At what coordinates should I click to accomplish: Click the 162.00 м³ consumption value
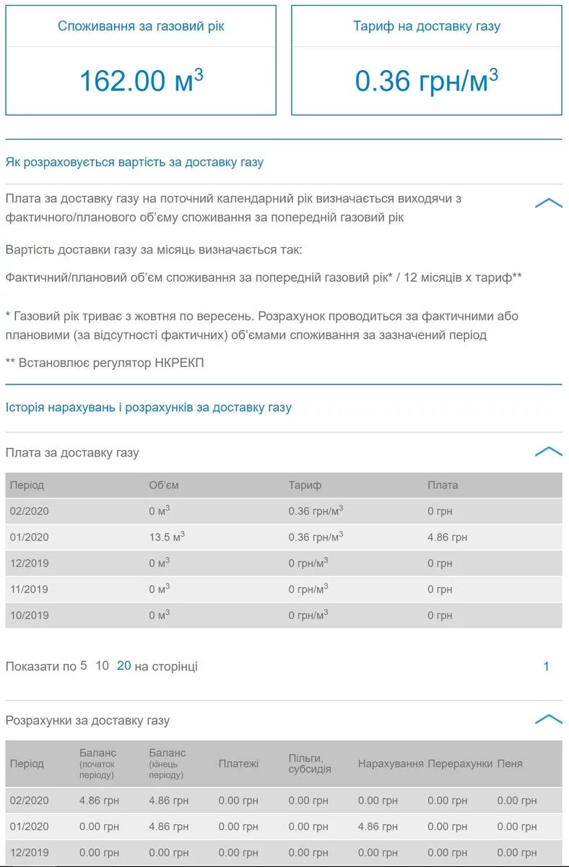coord(141,80)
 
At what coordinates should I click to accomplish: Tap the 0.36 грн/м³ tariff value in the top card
coord(426,80)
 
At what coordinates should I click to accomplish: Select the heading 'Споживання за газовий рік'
coord(141,26)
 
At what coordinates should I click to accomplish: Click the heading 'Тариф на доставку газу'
coord(426,26)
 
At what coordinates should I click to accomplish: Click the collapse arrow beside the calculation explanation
coord(548,203)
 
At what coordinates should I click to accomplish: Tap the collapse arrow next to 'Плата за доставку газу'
coord(548,452)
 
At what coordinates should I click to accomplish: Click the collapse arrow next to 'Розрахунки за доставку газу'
coord(548,719)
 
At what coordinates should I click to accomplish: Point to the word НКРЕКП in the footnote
coord(179,363)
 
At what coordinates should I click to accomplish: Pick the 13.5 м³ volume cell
coord(167,537)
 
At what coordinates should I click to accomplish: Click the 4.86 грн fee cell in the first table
coord(447,537)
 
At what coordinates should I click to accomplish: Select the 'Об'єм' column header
coord(163,485)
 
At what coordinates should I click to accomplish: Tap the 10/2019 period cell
coord(29,615)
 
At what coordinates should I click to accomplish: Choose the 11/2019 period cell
coord(29,589)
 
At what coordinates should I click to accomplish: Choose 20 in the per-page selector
coord(123,665)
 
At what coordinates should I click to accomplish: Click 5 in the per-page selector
coord(84,665)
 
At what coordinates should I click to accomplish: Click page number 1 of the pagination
coord(546,666)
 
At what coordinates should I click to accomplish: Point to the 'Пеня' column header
coord(510,763)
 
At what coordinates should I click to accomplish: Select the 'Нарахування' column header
coord(391,763)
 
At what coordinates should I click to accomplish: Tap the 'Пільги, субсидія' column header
coord(310,763)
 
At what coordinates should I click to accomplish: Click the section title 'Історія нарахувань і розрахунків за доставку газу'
coord(148,407)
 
